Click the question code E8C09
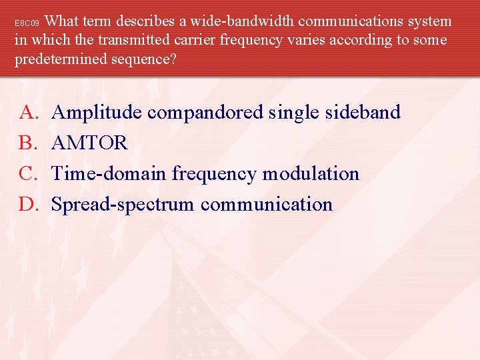pos(28,23)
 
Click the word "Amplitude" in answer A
pos(97,113)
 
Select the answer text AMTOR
pos(89,143)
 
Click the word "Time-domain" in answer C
pos(109,173)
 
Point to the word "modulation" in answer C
pos(311,173)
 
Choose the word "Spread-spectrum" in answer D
pos(123,205)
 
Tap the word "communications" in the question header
pos(347,21)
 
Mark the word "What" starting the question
pos(67,21)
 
